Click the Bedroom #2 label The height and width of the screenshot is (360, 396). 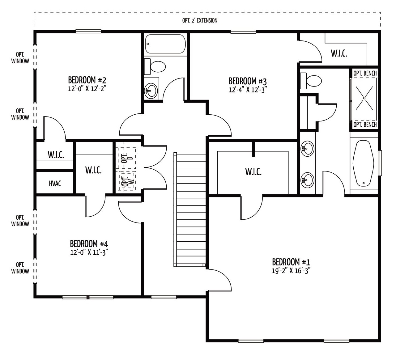coord(87,80)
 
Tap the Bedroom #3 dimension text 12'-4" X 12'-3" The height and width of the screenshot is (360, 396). coord(248,90)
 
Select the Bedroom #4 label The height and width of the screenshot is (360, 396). coord(89,244)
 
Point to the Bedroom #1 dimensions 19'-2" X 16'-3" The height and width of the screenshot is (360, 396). coord(291,271)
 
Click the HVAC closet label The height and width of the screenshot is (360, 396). coord(55,184)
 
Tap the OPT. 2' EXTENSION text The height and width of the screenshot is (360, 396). coord(200,20)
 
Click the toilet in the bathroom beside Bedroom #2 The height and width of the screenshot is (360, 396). coord(155,66)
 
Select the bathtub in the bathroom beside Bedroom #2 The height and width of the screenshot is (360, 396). coord(165,44)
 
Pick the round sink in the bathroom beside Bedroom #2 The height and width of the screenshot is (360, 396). coord(151,91)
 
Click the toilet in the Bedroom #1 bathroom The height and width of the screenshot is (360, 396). coord(311,81)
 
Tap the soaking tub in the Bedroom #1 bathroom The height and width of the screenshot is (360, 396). coord(364,163)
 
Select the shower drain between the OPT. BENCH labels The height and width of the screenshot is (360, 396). coord(364,98)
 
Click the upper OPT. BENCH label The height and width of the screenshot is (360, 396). coord(365,74)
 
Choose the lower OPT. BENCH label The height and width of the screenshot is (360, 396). coord(365,125)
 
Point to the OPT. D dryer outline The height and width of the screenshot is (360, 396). coord(126,158)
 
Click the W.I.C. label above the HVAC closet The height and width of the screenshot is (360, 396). coord(56,155)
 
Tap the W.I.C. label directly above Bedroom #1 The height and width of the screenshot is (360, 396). coord(253,172)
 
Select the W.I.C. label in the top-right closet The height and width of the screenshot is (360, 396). coord(339,53)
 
